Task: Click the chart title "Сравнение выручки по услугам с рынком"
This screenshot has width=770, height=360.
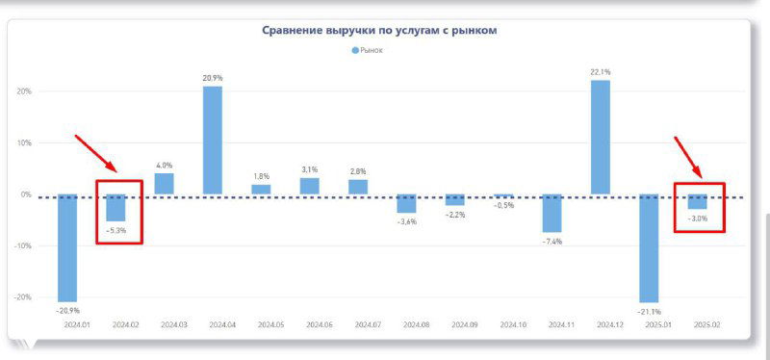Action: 379,31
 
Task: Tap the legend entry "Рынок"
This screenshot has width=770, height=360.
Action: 367,50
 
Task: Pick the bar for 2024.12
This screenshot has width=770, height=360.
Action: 600,137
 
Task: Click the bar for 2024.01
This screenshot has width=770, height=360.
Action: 67,247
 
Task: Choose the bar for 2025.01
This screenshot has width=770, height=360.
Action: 649,248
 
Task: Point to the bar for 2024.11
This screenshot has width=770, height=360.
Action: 552,213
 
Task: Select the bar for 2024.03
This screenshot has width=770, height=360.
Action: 165,184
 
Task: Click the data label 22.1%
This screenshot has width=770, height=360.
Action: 600,71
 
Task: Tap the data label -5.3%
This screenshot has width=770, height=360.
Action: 116,230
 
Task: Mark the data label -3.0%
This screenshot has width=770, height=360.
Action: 697,219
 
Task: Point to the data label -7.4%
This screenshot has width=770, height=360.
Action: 552,241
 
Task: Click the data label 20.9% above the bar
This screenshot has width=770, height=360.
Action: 213,78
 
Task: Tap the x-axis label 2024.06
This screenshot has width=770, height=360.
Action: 309,325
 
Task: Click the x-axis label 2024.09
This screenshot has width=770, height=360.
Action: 454,325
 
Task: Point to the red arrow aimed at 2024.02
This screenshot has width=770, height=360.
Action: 97,155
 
